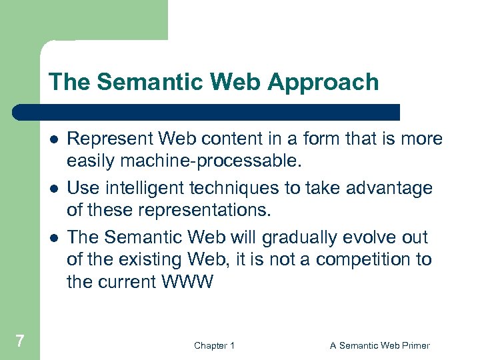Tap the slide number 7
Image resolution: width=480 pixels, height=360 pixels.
pyautogui.click(x=20, y=341)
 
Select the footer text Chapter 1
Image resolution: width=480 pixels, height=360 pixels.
pyautogui.click(x=214, y=345)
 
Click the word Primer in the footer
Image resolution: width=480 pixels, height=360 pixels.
pyautogui.click(x=413, y=345)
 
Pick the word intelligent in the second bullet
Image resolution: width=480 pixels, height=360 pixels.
pyautogui.click(x=147, y=188)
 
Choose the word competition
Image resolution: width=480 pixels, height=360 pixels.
pyautogui.click(x=364, y=259)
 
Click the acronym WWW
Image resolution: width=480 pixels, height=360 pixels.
pyautogui.click(x=187, y=281)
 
